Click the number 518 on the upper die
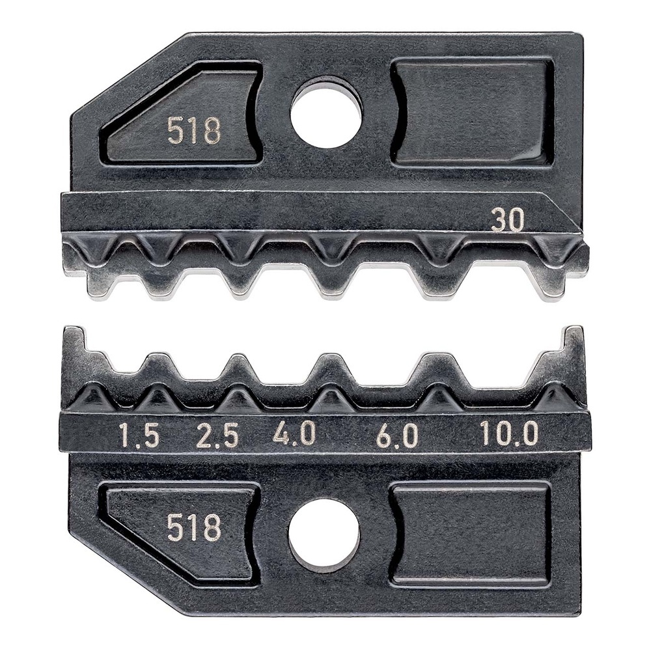pos(194,131)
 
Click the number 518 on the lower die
pos(194,527)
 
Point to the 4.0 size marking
pos(294,434)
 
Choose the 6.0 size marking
pos(397,436)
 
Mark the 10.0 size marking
pos(509,434)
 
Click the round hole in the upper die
pos(325,111)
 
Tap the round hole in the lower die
pos(324,534)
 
